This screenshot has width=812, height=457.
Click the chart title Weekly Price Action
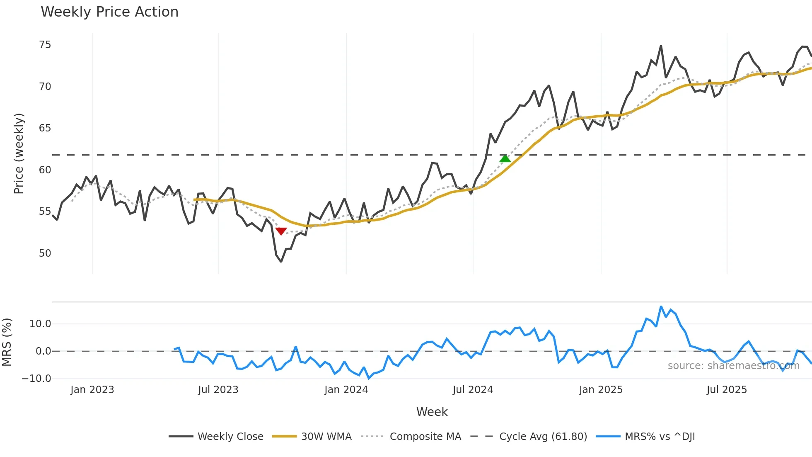coord(109,12)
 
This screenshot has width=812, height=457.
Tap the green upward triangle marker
coord(505,158)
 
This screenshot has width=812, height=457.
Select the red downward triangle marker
coord(281,231)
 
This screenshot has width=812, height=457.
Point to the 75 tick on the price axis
coord(45,45)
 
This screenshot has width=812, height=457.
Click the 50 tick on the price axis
coord(45,253)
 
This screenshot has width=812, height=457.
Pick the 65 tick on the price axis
coord(45,128)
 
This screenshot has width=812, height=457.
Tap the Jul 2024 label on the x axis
coord(473,390)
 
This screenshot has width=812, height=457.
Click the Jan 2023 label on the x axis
coord(92,390)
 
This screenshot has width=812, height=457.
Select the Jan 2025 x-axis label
coord(601,390)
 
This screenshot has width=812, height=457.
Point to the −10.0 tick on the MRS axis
coord(36,379)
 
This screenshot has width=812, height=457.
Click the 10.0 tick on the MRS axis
coord(40,324)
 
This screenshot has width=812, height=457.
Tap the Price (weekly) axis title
coord(19,153)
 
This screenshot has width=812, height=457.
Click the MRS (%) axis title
coord(7,342)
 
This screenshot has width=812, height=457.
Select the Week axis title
coord(432,412)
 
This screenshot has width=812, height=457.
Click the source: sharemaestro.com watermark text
coord(733,366)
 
